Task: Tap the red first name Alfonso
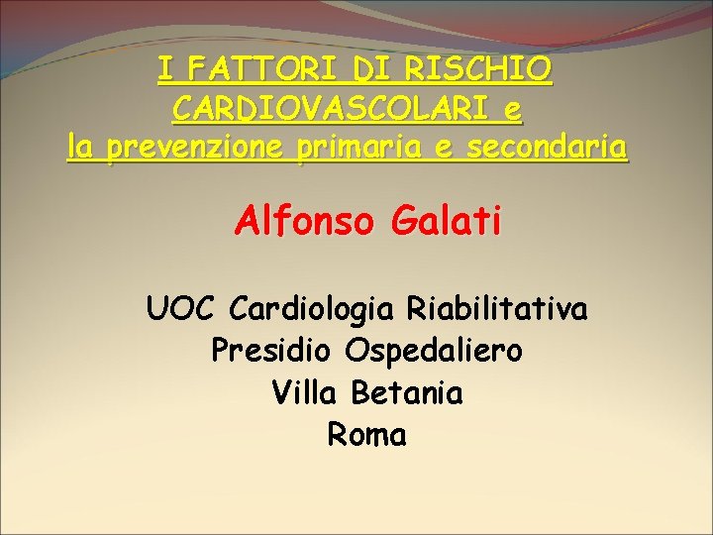click(305, 220)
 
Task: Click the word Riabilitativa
click(497, 309)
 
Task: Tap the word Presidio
click(273, 351)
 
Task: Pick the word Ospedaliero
click(435, 351)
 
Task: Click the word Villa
click(306, 393)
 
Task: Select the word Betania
click(407, 393)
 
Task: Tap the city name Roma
click(366, 435)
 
